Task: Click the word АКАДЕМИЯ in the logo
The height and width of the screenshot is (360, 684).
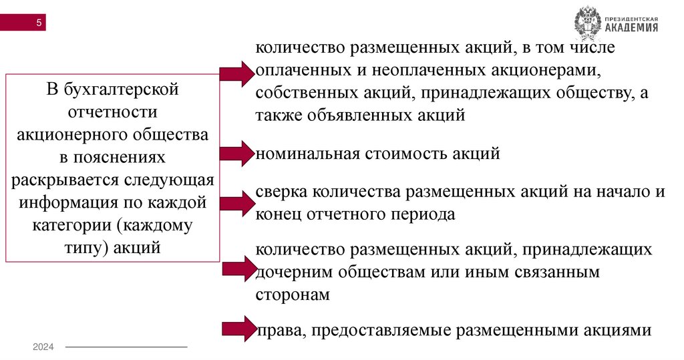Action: (x=631, y=27)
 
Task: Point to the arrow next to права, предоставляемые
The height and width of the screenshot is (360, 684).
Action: (x=236, y=329)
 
